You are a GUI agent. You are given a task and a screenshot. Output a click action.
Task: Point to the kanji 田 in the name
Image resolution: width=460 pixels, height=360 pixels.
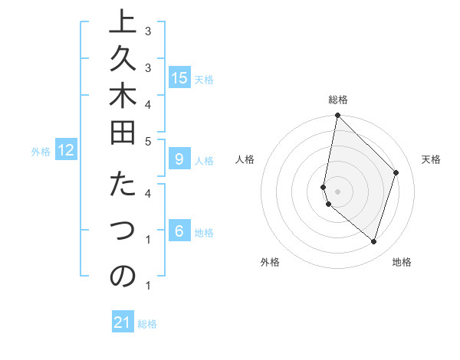[x=123, y=139]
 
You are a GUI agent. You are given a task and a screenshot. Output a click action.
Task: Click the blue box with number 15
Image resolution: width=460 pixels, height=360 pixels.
[x=179, y=78]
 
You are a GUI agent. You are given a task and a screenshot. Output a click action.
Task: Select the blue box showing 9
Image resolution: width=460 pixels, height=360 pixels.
[x=179, y=160]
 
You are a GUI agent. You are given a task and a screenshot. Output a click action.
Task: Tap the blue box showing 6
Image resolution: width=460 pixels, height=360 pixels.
[x=179, y=232]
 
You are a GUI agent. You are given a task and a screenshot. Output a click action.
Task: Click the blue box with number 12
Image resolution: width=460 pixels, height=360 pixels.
[x=66, y=151]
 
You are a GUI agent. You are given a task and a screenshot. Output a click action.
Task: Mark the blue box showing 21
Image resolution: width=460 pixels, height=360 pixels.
[x=123, y=322]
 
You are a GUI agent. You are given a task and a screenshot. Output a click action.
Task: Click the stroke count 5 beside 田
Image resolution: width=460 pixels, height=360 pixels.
[x=148, y=141]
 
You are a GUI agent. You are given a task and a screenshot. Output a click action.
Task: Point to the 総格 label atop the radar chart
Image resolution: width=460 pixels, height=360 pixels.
[x=337, y=100]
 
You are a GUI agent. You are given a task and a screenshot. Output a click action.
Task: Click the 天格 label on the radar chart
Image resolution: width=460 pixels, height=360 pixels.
[x=431, y=159]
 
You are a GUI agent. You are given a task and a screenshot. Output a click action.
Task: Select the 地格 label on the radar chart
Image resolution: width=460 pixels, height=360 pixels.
[x=402, y=262]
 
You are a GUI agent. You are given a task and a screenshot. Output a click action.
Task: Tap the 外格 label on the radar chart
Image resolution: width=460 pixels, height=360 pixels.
[x=270, y=262]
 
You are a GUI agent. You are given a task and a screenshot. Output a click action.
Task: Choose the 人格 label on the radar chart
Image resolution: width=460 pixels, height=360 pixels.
[x=245, y=159]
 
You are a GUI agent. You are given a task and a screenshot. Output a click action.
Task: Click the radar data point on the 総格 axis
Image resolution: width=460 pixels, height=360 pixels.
[x=337, y=116]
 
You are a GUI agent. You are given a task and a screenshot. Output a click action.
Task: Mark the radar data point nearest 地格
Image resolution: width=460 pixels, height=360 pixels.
[x=373, y=241]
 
